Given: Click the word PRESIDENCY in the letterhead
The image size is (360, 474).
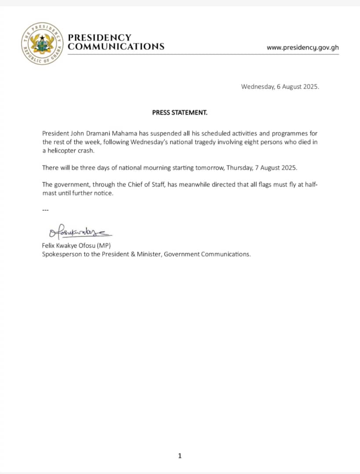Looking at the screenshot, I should tap(100, 38).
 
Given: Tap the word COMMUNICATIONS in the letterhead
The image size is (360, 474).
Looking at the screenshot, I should tap(116, 47).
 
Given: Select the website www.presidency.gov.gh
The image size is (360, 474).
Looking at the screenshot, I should tap(302, 47).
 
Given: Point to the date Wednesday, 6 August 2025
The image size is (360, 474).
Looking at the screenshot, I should tap(280, 86).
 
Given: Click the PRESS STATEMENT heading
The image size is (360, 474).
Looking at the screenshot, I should tap(180, 112).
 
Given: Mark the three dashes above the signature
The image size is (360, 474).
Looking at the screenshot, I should tap(45, 210).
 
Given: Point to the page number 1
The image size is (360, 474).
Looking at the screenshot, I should tap(180, 456).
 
